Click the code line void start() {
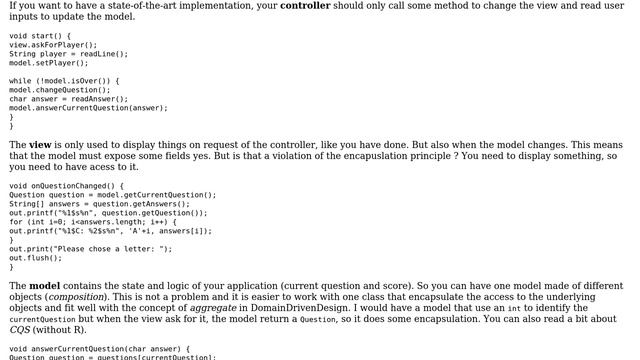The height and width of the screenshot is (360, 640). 39,36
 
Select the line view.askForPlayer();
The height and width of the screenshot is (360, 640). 53,45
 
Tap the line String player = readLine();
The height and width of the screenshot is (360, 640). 68,54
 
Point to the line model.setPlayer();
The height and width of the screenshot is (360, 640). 49,63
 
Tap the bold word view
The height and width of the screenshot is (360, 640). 39,145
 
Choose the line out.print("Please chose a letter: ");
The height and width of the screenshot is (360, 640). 91,249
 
